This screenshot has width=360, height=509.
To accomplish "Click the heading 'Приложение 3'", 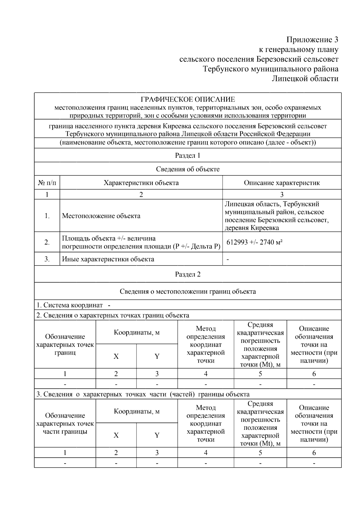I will [x=312, y=40].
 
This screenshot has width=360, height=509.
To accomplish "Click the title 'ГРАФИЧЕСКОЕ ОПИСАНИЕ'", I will [x=188, y=99].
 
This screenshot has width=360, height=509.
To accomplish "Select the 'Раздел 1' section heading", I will [x=188, y=155].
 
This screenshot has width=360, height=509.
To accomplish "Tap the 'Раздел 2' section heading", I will [x=188, y=274].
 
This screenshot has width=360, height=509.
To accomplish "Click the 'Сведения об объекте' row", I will [x=188, y=169].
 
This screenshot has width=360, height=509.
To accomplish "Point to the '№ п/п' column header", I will [x=47, y=183].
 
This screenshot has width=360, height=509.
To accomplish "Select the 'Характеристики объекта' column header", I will [x=141, y=183].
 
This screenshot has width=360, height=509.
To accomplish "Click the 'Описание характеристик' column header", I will [x=282, y=183].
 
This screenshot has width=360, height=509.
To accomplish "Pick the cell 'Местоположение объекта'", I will [x=101, y=216].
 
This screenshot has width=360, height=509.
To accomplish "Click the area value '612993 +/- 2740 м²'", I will [x=255, y=242].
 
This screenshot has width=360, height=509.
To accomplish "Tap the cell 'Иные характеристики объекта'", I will [x=108, y=259].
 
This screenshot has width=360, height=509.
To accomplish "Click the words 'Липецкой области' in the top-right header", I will [x=305, y=79].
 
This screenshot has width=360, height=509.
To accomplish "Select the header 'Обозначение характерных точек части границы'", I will [x=65, y=424].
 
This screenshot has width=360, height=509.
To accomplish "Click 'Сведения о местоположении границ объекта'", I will [x=188, y=291].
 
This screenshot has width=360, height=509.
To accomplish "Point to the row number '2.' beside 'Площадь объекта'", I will [x=47, y=242].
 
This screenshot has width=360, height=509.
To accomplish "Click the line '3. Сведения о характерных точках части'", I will [x=143, y=394].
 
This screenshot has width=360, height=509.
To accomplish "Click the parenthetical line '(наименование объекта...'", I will [x=188, y=142].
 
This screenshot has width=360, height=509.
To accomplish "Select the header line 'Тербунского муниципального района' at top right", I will [x=271, y=69].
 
